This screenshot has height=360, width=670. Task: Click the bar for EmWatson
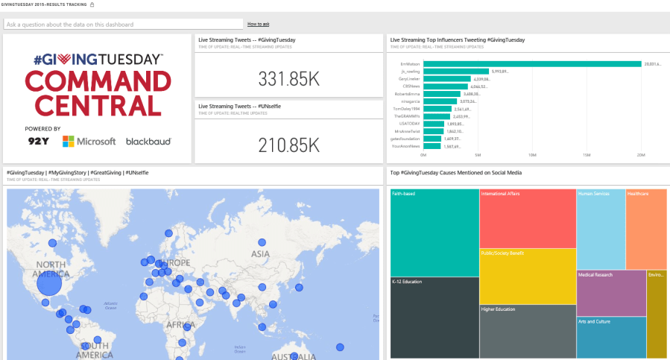pyautogui.click(x=531, y=64)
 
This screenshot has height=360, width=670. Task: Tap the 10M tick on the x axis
pyautogui.click(x=532, y=155)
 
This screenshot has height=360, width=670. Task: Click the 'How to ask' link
pyautogui.click(x=259, y=25)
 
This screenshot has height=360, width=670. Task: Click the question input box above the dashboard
pyautogui.click(x=123, y=25)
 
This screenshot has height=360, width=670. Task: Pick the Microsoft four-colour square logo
pyautogui.click(x=69, y=141)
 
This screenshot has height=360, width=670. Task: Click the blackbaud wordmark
pyautogui.click(x=148, y=141)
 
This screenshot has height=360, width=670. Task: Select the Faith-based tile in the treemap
pyautogui.click(x=434, y=233)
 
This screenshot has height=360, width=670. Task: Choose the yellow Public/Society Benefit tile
pyautogui.click(x=527, y=276)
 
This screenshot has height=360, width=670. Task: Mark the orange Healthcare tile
pyautogui.click(x=646, y=229)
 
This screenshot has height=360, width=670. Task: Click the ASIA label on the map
pyautogui.click(x=260, y=253)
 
